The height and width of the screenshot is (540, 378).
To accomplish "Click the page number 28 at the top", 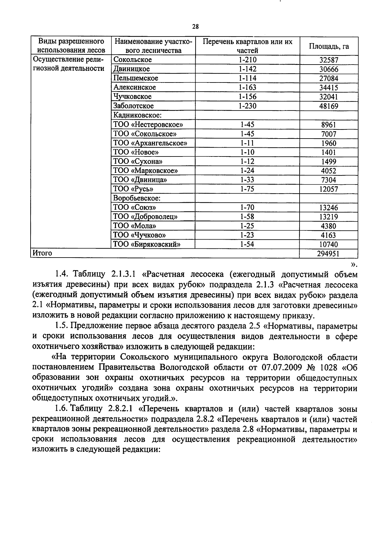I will (195, 27).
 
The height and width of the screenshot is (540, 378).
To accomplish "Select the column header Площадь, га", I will (329, 46).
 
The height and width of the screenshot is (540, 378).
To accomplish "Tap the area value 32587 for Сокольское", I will (329, 60).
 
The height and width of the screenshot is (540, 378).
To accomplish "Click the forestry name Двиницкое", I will (132, 69).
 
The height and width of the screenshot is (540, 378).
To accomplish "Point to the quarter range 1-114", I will (247, 78).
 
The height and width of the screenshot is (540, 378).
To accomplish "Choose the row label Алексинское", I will (135, 87).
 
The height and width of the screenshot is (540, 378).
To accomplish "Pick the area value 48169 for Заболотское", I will (329, 106).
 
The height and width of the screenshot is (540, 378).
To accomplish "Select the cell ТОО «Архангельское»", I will (150, 143).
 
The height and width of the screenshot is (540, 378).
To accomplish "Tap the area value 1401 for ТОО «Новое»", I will (329, 152).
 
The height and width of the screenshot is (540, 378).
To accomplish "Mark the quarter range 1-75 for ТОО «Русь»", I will (247, 189).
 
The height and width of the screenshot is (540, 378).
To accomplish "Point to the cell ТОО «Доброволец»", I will (145, 217).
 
